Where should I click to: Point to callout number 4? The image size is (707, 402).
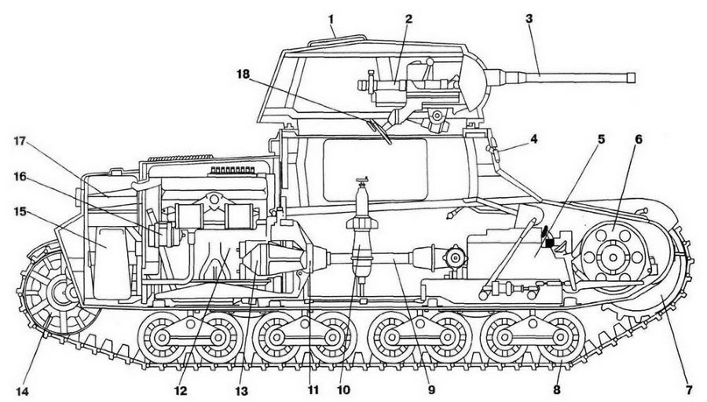tap(533, 141)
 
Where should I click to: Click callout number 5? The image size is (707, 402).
tap(602, 139)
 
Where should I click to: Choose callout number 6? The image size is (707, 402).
tap(639, 139)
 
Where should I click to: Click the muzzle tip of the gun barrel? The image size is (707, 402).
tap(633, 77)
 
